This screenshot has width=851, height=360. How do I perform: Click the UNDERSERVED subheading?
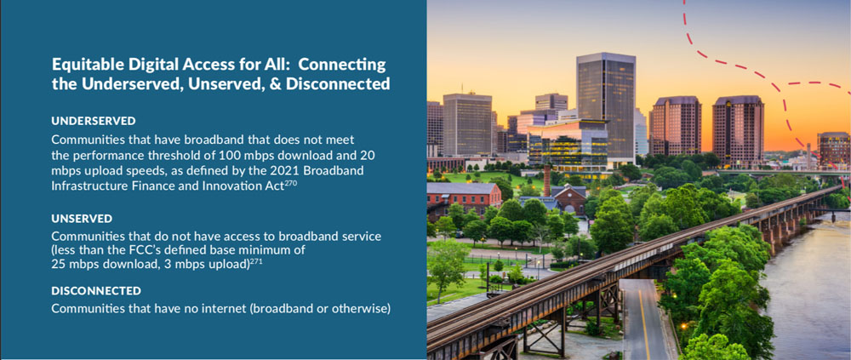pos(94,121)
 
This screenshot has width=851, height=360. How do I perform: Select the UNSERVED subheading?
pos(82,219)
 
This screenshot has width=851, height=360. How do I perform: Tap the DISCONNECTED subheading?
pos(96,291)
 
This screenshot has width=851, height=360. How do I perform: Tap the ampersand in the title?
pos(275,84)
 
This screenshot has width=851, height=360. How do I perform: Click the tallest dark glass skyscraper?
pos(606,109)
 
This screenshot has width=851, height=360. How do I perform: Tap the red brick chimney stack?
pos(547,180)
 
